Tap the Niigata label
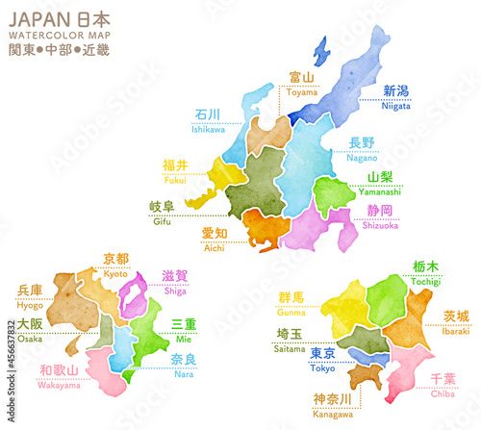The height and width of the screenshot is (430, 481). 396,97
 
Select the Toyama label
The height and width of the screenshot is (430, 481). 302,82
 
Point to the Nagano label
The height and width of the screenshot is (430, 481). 361,149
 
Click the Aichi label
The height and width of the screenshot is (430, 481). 215,240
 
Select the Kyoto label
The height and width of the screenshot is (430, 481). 115,265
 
